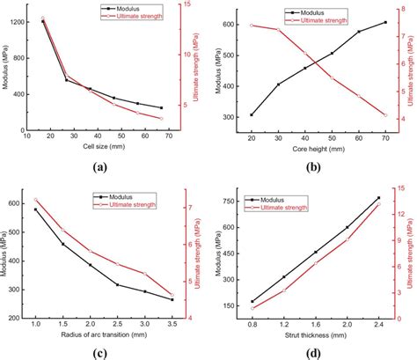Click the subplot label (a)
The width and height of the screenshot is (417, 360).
(x=100, y=165)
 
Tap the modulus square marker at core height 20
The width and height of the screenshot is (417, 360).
(x=252, y=114)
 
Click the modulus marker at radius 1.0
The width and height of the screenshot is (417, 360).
(x=36, y=209)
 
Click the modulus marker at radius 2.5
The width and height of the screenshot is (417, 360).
(x=117, y=284)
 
